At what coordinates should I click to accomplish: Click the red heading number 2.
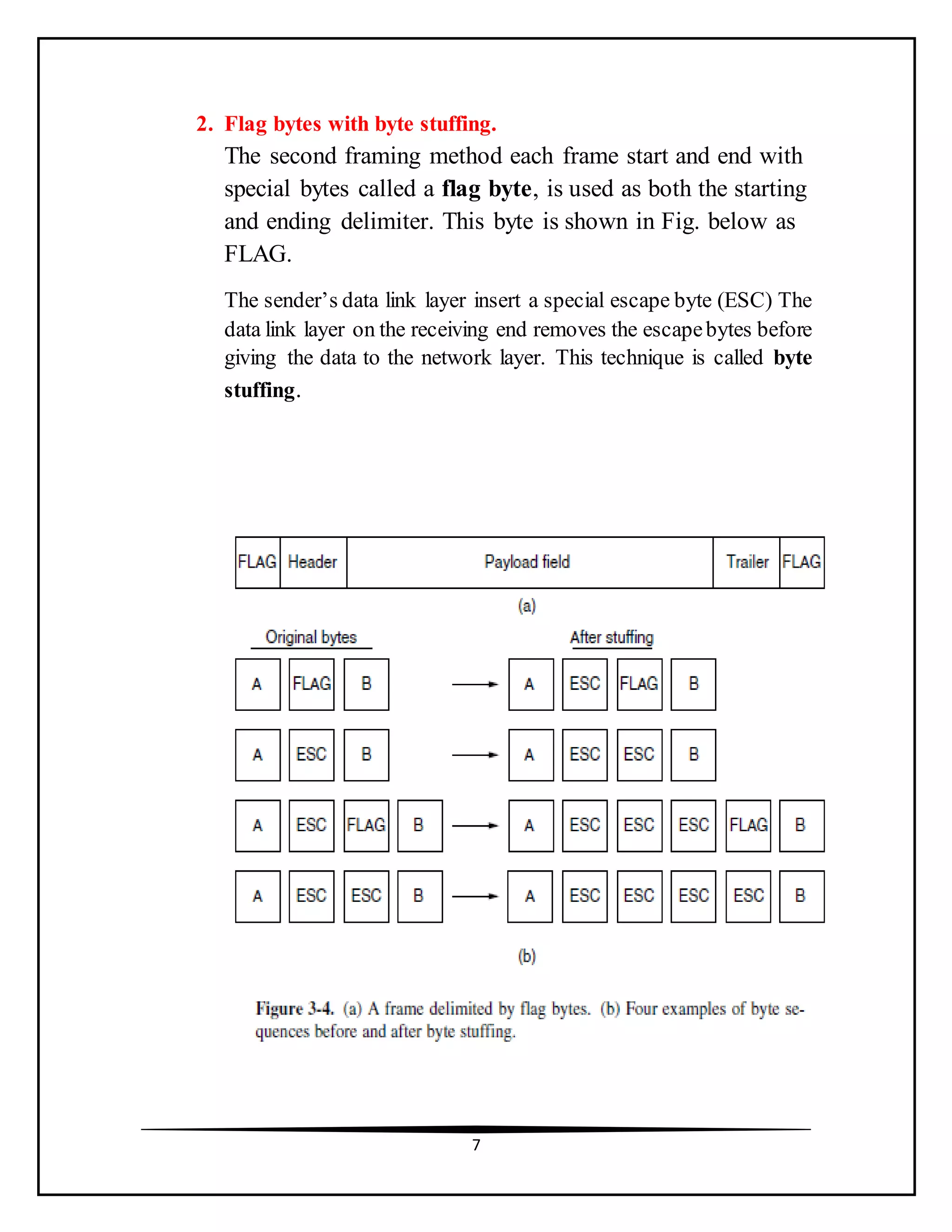204,124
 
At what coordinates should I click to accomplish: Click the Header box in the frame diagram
312,562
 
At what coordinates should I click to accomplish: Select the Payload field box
529,562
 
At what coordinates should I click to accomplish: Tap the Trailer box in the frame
746,562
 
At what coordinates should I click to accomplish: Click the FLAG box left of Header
257,562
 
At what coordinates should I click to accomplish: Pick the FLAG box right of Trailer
801,562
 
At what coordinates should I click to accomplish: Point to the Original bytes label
311,637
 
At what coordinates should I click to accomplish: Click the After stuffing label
611,637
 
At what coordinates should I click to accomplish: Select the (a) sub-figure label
527,606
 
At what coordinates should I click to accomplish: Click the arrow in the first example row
475,684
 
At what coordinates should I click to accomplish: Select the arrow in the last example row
475,896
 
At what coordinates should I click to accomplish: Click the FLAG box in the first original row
311,684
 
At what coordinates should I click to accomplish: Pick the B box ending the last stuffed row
801,896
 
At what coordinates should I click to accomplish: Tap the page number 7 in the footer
476,1145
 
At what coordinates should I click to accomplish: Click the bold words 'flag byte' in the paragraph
486,189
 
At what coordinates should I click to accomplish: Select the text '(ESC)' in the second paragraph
745,301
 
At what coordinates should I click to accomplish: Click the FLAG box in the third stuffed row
748,825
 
